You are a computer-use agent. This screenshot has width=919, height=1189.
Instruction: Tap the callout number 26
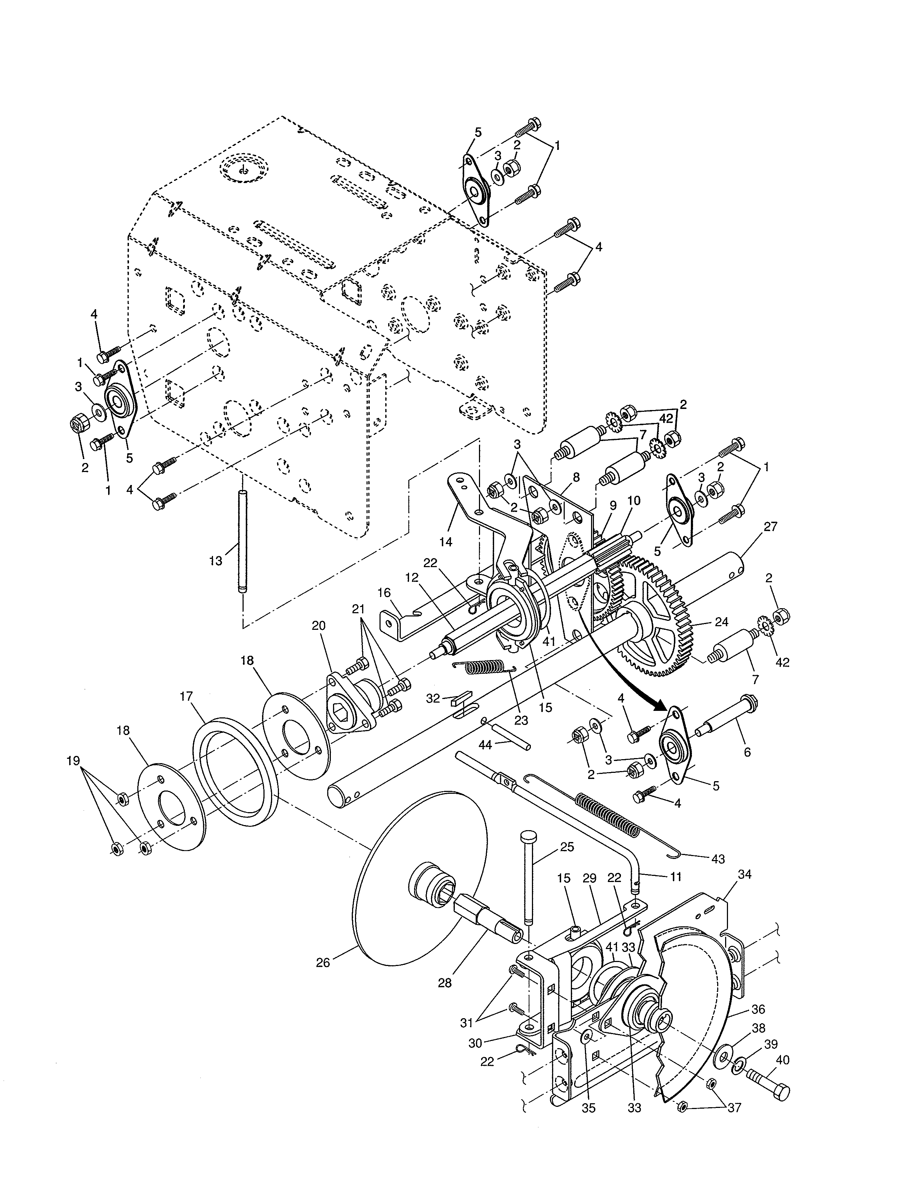[x=323, y=962]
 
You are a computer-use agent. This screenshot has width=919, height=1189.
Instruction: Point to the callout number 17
[x=187, y=697]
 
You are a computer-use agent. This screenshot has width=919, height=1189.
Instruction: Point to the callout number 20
[x=319, y=625]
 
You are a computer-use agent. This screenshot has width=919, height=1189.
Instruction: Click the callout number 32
[x=433, y=698]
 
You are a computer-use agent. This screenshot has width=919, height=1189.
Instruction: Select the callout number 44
[x=484, y=744]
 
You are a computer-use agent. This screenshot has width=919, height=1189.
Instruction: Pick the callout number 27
[x=771, y=526]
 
